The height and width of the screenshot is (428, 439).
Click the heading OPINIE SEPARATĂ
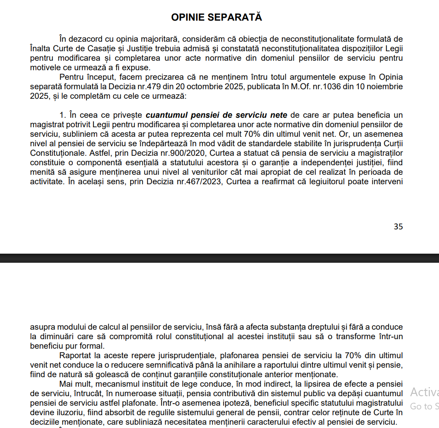[217, 17]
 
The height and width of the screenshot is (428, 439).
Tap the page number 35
[398, 226]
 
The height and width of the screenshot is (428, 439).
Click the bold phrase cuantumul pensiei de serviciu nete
[217, 115]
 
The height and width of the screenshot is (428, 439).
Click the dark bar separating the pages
[219, 258]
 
